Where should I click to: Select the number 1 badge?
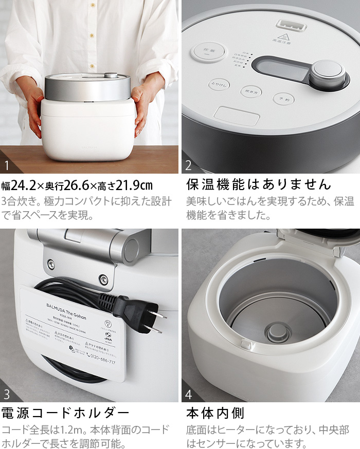pyautogui.click(x=7, y=165)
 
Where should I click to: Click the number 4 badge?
pyautogui.click(x=189, y=396)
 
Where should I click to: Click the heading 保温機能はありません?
pyautogui.click(x=258, y=184)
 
